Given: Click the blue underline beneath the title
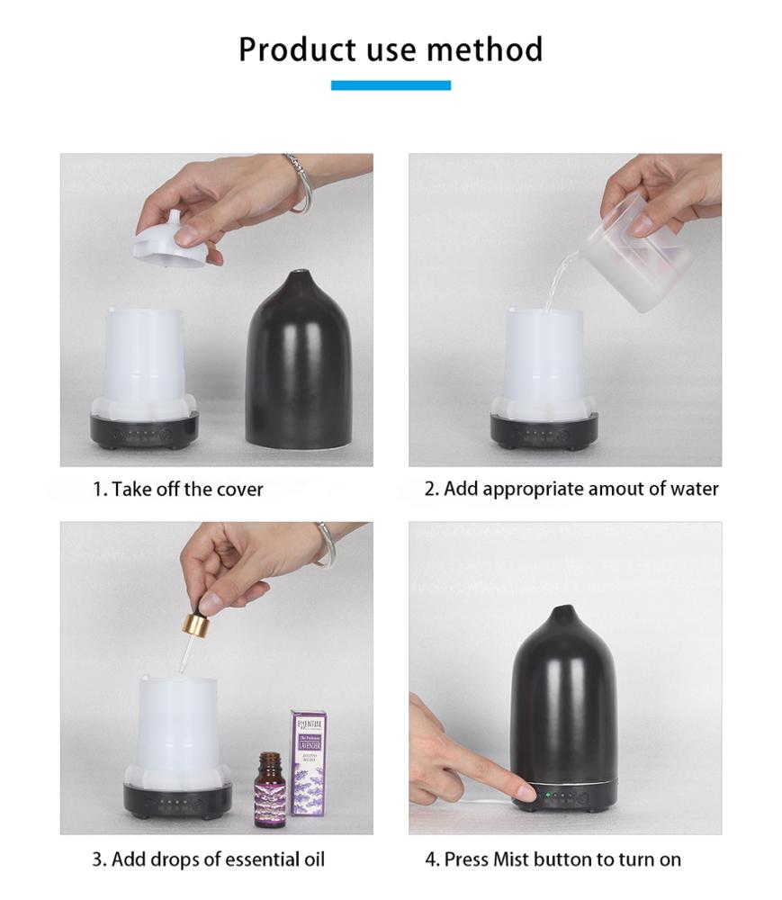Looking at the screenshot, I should pyautogui.click(x=391, y=85).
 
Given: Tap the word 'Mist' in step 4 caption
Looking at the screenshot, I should pyautogui.click(x=511, y=859).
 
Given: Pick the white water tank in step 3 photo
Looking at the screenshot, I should pyautogui.click(x=178, y=729).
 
